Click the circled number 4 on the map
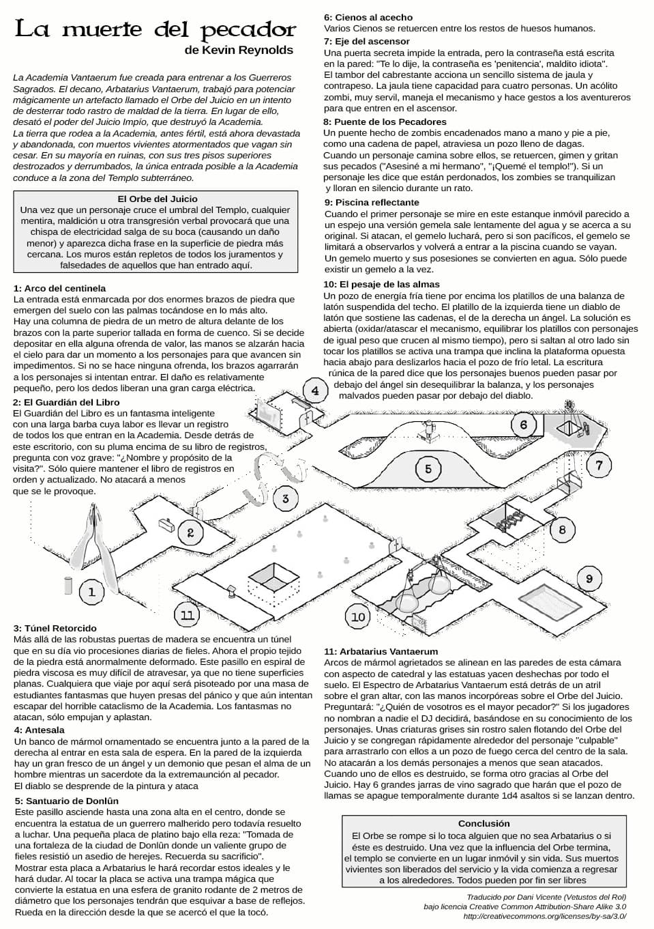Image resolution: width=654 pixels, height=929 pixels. pyautogui.click(x=315, y=390)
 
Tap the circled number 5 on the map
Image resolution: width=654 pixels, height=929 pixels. pyautogui.click(x=428, y=469)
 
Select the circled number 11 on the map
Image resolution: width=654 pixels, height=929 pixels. pyautogui.click(x=188, y=614)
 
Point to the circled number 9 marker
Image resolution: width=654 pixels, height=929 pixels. pyautogui.click(x=589, y=579)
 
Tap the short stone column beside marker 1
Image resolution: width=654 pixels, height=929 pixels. pyautogui.click(x=68, y=585)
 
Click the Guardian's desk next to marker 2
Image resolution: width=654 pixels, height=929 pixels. pyautogui.click(x=167, y=524)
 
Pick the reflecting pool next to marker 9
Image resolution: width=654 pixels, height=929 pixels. pyautogui.click(x=548, y=600)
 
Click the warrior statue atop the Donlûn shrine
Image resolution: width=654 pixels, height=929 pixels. pyautogui.click(x=428, y=430)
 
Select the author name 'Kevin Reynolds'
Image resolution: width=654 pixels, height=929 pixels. pyautogui.click(x=248, y=51)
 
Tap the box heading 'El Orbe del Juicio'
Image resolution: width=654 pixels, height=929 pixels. pyautogui.click(x=158, y=199)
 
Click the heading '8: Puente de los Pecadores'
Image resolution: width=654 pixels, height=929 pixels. pyautogui.click(x=385, y=122)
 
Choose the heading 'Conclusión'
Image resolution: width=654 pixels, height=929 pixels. pyautogui.click(x=484, y=823)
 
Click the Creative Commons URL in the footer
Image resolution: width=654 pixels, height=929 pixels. pyautogui.click(x=545, y=916)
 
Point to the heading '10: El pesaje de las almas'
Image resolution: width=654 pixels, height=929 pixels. pyautogui.click(x=381, y=285)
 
